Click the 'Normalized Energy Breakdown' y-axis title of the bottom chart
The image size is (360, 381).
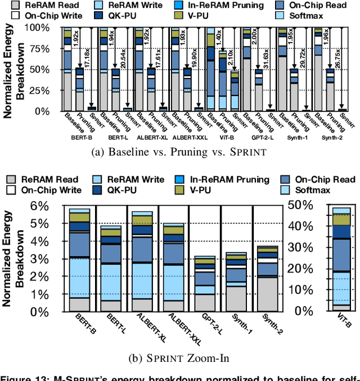(13, 256)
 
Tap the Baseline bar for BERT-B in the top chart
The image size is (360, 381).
(68, 69)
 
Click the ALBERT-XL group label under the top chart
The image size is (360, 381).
(145, 137)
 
